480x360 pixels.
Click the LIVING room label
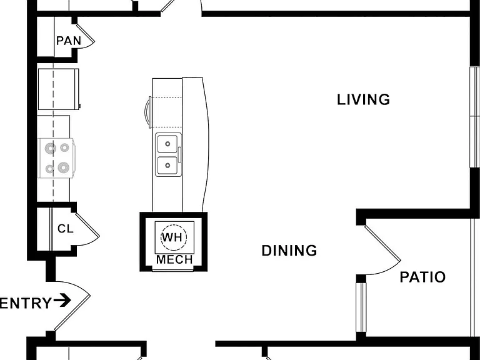click(363, 100)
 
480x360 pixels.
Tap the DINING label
click(289, 251)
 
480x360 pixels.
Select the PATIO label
click(422, 277)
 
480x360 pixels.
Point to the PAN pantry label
click(69, 41)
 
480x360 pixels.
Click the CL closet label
click(66, 229)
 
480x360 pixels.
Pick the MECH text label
click(174, 259)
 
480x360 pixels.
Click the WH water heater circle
click(174, 237)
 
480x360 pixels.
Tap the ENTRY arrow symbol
click(62, 300)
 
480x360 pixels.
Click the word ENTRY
click(26, 303)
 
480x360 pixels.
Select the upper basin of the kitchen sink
click(167, 144)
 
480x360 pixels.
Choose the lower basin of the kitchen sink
click(167, 165)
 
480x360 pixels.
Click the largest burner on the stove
click(63, 167)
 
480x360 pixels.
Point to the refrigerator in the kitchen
click(58, 89)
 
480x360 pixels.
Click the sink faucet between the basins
click(180, 154)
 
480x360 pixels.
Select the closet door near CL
click(87, 225)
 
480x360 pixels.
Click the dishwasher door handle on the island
click(148, 112)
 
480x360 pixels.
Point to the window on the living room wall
click(475, 117)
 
